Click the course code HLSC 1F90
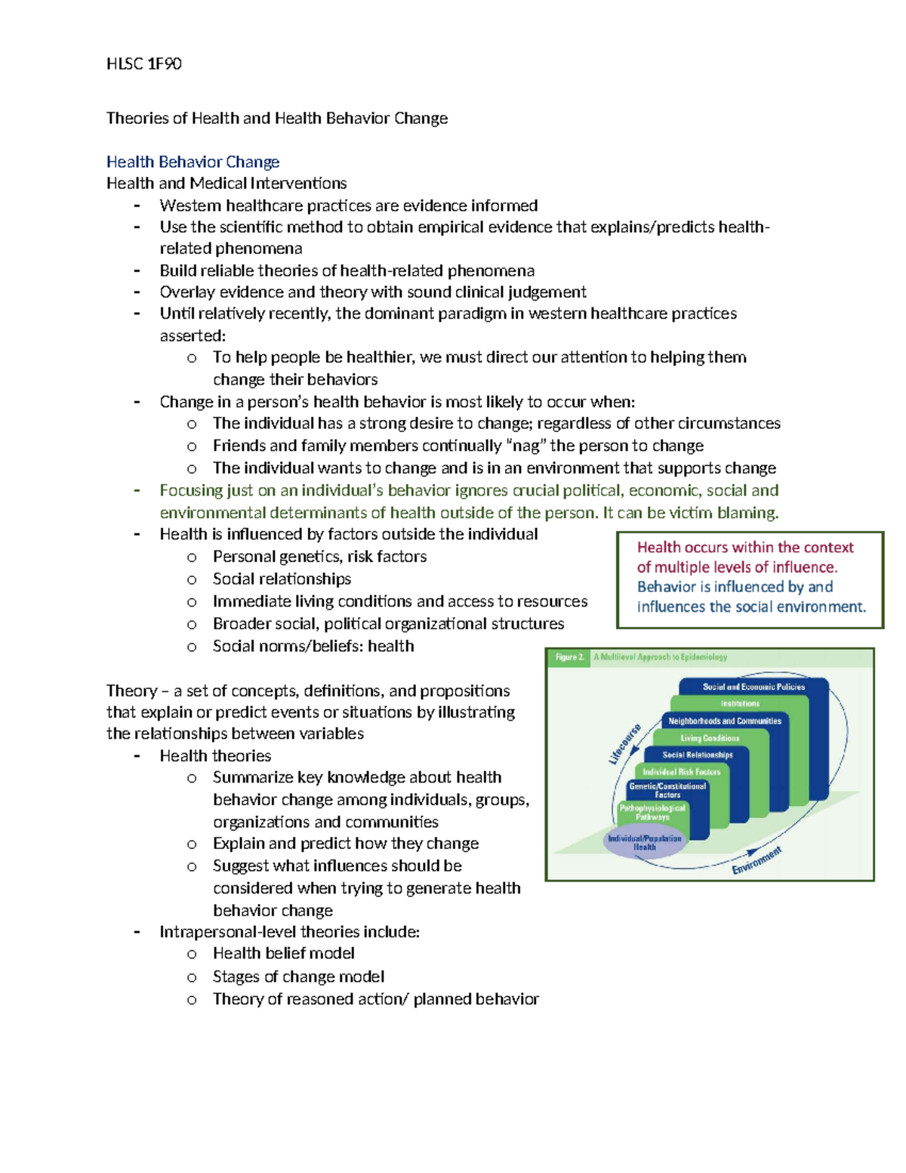click(x=143, y=63)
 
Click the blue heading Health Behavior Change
click(x=193, y=162)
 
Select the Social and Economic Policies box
click(x=753, y=687)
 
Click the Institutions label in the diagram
click(x=739, y=704)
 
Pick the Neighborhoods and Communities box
click(x=724, y=721)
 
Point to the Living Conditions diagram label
click(x=709, y=738)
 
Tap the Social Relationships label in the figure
click(x=697, y=755)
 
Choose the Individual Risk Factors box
click(x=681, y=772)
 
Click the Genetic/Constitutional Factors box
click(x=667, y=790)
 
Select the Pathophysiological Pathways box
click(x=652, y=812)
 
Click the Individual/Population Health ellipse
click(x=645, y=842)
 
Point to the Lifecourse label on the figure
click(x=625, y=743)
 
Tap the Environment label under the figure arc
click(x=757, y=861)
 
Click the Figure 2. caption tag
click(x=570, y=657)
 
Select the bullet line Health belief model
click(x=283, y=953)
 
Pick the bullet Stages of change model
click(x=298, y=977)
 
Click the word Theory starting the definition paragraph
click(x=131, y=690)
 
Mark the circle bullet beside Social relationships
click(x=192, y=579)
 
